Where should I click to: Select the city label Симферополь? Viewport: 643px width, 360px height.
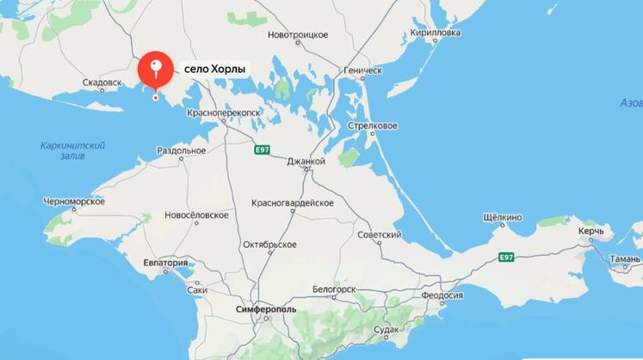pyautogui.click(x=266, y=308)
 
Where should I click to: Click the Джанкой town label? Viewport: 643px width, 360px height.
pyautogui.click(x=306, y=161)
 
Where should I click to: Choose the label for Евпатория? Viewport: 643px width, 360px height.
pyautogui.click(x=165, y=264)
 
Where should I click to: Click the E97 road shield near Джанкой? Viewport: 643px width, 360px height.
pyautogui.click(x=263, y=150)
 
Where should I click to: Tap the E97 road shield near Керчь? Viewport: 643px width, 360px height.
pyautogui.click(x=506, y=257)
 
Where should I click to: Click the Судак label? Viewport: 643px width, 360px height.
pyautogui.click(x=386, y=330)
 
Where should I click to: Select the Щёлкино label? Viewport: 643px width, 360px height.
pyautogui.click(x=503, y=218)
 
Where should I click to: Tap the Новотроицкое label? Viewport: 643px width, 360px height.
pyautogui.click(x=298, y=34)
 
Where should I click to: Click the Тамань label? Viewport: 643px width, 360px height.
pyautogui.click(x=624, y=258)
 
